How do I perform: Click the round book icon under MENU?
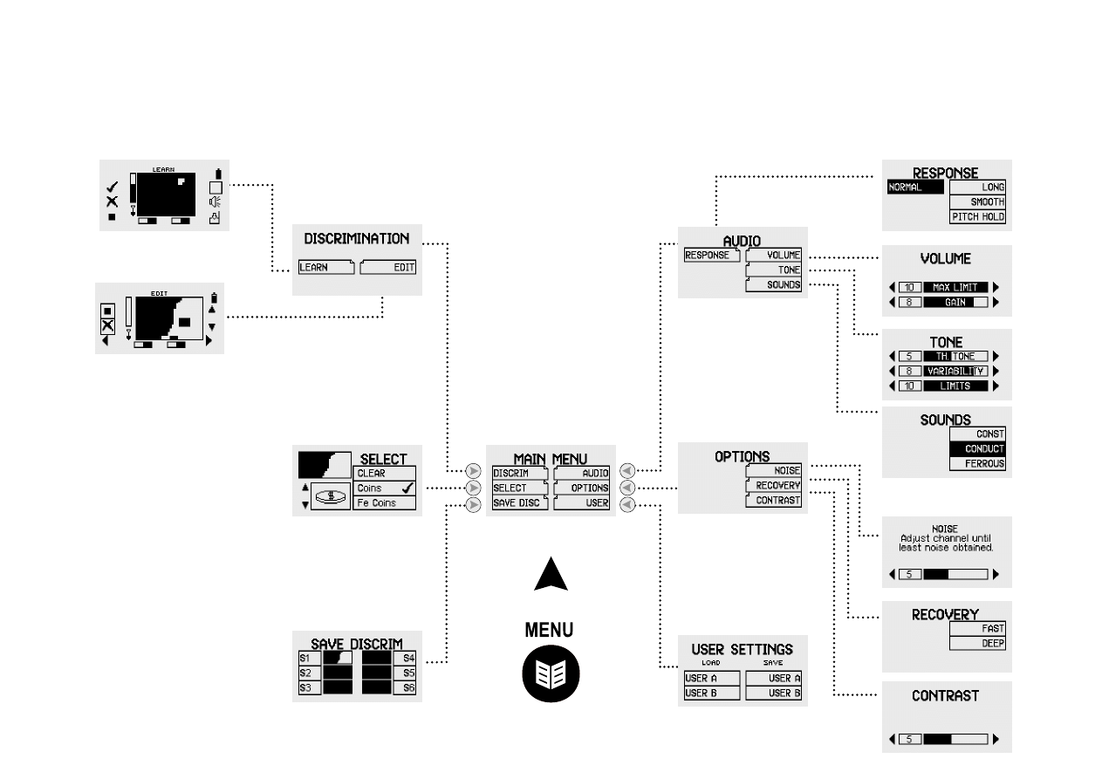pos(551,674)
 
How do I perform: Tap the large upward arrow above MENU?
pos(551,575)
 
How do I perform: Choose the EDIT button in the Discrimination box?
pos(389,268)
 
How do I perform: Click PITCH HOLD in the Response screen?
pos(977,217)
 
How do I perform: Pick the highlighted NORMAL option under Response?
pos(916,187)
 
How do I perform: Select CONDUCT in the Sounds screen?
pos(977,448)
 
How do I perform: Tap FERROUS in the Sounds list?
pos(977,463)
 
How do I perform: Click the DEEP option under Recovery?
pos(977,643)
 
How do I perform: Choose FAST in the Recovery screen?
pos(977,628)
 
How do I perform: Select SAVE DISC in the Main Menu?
pos(520,503)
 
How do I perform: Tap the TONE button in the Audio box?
pos(773,270)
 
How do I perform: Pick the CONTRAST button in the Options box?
pos(773,500)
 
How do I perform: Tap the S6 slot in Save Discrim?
pos(407,687)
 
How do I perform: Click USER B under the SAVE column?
pos(773,694)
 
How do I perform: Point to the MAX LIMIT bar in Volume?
pos(955,287)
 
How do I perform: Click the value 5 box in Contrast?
pos(910,740)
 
